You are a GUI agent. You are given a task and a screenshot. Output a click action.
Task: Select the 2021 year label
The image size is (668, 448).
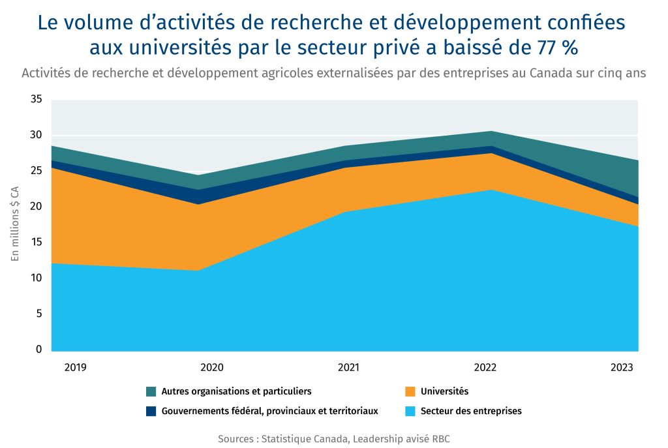[348, 368]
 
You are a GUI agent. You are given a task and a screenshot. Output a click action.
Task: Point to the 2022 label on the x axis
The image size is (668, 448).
[485, 368]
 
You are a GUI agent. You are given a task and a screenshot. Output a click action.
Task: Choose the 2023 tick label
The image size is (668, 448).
[622, 368]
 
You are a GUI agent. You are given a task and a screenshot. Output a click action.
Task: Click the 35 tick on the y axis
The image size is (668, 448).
[36, 100]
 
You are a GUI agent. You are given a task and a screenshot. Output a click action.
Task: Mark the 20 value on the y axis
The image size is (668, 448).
[36, 207]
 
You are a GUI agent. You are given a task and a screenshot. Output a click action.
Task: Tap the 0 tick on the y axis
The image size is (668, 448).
[38, 350]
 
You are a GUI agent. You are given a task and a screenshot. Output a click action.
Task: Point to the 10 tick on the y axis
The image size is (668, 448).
[36, 278]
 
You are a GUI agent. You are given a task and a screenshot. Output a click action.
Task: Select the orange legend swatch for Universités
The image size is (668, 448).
[410, 392]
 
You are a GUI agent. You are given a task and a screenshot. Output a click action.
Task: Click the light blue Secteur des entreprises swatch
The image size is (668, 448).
[410, 411]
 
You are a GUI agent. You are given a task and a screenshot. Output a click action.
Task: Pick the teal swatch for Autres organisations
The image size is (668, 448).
[151, 392]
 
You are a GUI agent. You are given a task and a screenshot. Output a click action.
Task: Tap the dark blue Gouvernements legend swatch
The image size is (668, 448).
[151, 411]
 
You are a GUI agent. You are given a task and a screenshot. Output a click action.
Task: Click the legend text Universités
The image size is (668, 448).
[445, 391]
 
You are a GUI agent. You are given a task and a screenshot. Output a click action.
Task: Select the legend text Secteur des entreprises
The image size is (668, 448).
[471, 411]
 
